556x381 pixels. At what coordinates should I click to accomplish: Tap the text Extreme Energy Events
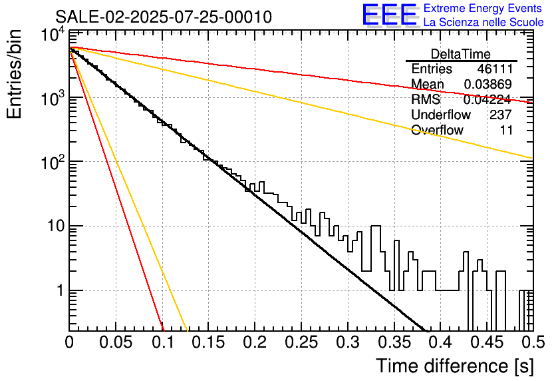[483, 9]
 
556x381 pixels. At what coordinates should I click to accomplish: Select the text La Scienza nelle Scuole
[483, 23]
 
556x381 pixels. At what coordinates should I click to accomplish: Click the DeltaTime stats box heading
[461, 54]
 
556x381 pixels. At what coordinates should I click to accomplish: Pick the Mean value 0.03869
[487, 85]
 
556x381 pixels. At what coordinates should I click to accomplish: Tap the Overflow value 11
[506, 131]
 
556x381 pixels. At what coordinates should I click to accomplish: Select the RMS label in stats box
[426, 100]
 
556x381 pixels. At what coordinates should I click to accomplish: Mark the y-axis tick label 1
[59, 291]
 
